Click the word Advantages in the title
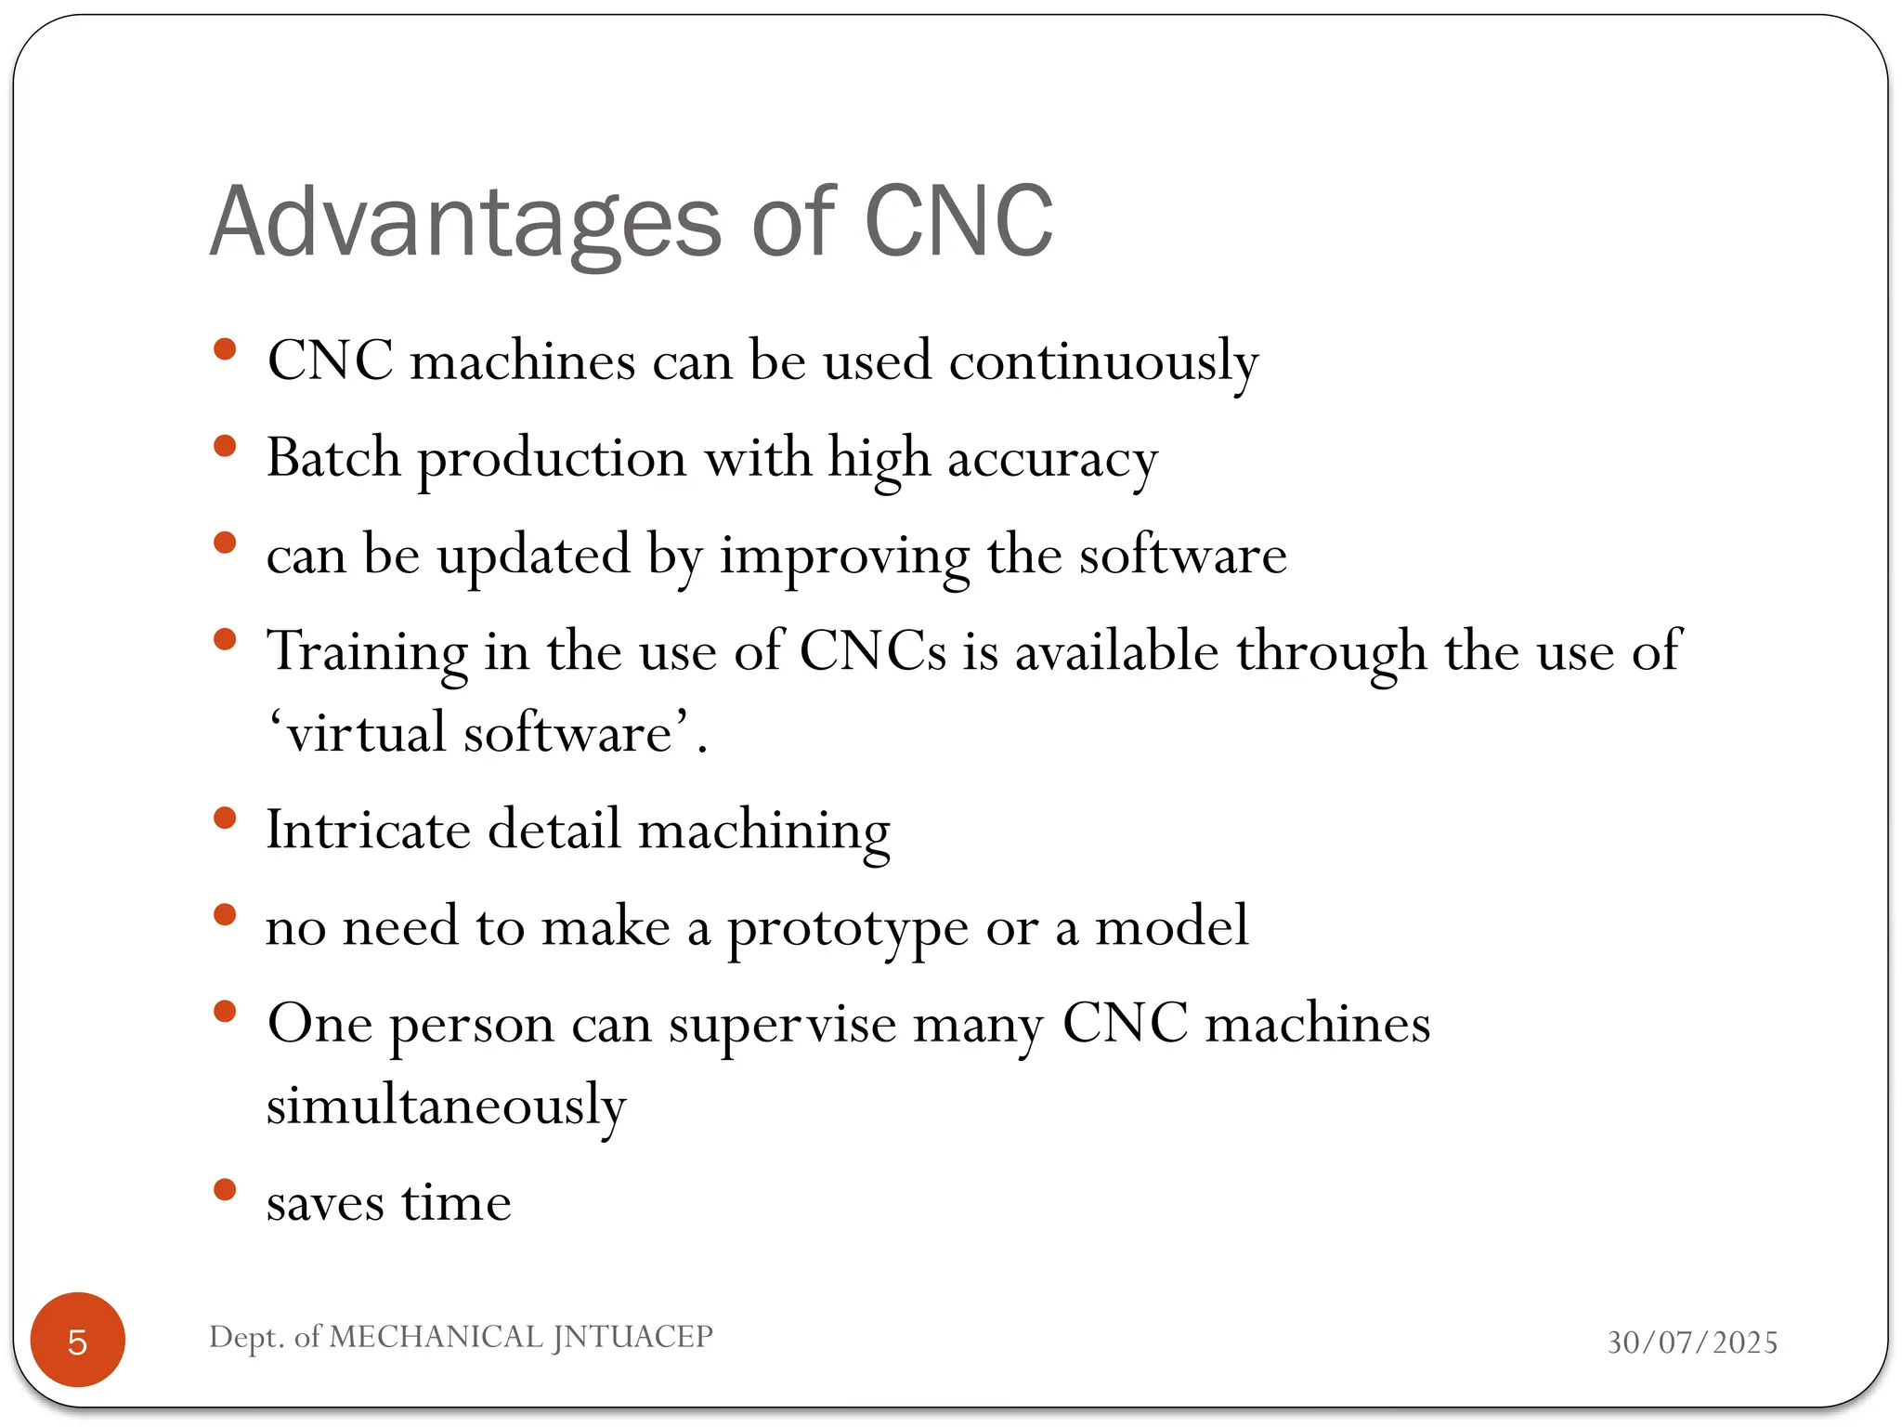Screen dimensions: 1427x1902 click(x=465, y=223)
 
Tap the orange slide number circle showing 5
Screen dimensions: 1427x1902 click(x=78, y=1341)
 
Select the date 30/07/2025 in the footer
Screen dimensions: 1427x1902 click(x=1692, y=1342)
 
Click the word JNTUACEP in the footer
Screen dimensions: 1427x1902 click(x=632, y=1337)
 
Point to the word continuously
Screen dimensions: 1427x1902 click(x=1103, y=361)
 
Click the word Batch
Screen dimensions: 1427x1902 click(x=333, y=458)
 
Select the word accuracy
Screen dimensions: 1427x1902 click(x=1052, y=460)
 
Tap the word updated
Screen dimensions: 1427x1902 click(x=534, y=555)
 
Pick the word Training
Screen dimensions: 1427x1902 click(x=367, y=651)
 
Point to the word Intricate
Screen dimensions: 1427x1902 click(x=368, y=829)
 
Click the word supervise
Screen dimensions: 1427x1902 click(x=782, y=1025)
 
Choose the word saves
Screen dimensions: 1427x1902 click(x=325, y=1203)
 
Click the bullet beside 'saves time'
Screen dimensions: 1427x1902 click(x=225, y=1190)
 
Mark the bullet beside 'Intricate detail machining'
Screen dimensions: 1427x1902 click(x=225, y=818)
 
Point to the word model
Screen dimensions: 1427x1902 click(x=1172, y=926)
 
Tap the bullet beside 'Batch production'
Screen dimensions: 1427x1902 click(x=225, y=447)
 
